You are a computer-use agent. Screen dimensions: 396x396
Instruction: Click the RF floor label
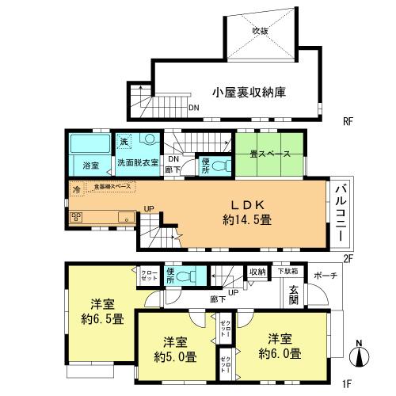point(347,121)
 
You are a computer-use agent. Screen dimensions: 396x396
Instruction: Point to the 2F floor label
point(347,257)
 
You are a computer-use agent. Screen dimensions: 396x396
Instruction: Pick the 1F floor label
point(347,384)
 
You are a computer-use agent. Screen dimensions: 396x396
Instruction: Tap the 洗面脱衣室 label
point(138,163)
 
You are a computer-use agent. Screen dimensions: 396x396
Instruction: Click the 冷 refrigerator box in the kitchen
point(76,189)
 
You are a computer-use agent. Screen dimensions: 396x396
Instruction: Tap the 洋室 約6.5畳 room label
point(100,312)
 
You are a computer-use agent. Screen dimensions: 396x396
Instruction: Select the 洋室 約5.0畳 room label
point(175,349)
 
